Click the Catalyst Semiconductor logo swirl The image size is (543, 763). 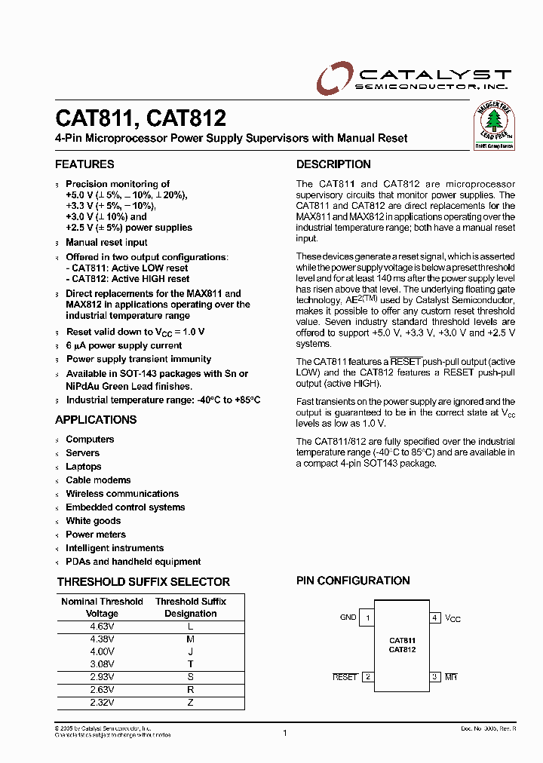click(333, 78)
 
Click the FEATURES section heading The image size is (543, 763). click(84, 164)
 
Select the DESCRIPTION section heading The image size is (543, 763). click(333, 164)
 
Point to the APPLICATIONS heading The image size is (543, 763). click(96, 420)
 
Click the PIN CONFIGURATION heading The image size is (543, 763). click(353, 581)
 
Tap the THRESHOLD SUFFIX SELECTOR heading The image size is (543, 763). click(143, 581)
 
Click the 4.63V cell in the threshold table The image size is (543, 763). click(102, 626)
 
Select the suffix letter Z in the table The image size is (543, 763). click(191, 703)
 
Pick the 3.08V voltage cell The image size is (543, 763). click(102, 664)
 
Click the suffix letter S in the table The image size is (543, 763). click(191, 677)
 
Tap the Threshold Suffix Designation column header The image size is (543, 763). click(191, 608)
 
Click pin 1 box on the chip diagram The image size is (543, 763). click(367, 618)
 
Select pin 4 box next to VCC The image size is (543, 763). click(435, 618)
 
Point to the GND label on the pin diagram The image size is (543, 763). click(348, 617)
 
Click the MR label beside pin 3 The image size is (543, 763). click(451, 677)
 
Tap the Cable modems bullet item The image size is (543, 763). click(98, 480)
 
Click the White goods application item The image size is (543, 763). click(93, 521)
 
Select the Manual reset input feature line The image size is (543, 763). click(106, 243)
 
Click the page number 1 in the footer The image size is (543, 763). click(284, 732)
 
